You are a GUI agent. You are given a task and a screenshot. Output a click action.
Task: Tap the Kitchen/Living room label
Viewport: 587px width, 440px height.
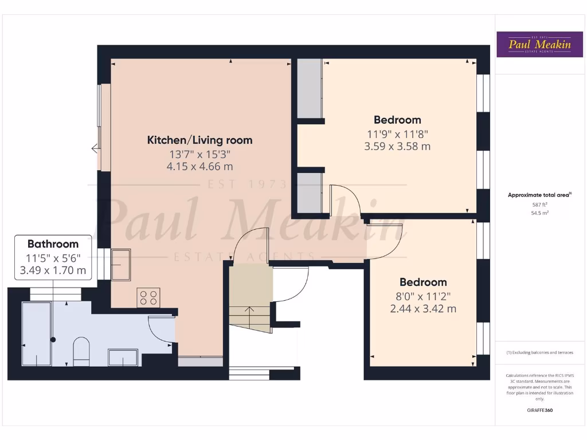(199, 140)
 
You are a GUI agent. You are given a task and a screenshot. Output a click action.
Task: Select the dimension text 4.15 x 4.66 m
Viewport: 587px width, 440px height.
(199, 167)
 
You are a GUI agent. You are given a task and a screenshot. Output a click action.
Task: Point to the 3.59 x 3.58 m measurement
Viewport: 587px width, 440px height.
(397, 146)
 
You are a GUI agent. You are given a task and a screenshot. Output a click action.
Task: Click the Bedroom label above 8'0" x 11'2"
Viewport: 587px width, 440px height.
(423, 282)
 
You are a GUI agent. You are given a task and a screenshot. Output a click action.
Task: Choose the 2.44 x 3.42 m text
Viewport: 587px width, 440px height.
(423, 309)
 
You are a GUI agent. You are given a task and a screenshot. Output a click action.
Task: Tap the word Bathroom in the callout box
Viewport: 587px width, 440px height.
(53, 244)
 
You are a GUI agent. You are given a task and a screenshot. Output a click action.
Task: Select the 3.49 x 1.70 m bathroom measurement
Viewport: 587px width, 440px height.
(53, 270)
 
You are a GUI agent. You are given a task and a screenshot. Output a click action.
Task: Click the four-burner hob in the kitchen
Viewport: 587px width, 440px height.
(148, 297)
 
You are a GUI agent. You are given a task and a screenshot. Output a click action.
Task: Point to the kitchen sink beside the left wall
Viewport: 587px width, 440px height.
(121, 264)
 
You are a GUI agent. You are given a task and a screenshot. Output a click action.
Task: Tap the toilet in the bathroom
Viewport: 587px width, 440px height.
(81, 350)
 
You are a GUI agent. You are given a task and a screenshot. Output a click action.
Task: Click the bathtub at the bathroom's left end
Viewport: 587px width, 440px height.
(37, 335)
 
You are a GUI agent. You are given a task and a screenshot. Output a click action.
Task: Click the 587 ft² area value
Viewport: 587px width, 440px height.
(539, 205)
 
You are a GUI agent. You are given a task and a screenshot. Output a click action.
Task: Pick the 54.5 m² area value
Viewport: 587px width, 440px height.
(539, 213)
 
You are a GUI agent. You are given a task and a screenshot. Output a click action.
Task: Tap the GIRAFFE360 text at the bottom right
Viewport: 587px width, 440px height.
(539, 410)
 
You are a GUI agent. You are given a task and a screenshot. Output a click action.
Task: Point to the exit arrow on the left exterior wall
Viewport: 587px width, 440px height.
(95, 149)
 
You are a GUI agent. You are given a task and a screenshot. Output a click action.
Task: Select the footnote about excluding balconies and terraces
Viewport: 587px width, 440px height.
(539, 353)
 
